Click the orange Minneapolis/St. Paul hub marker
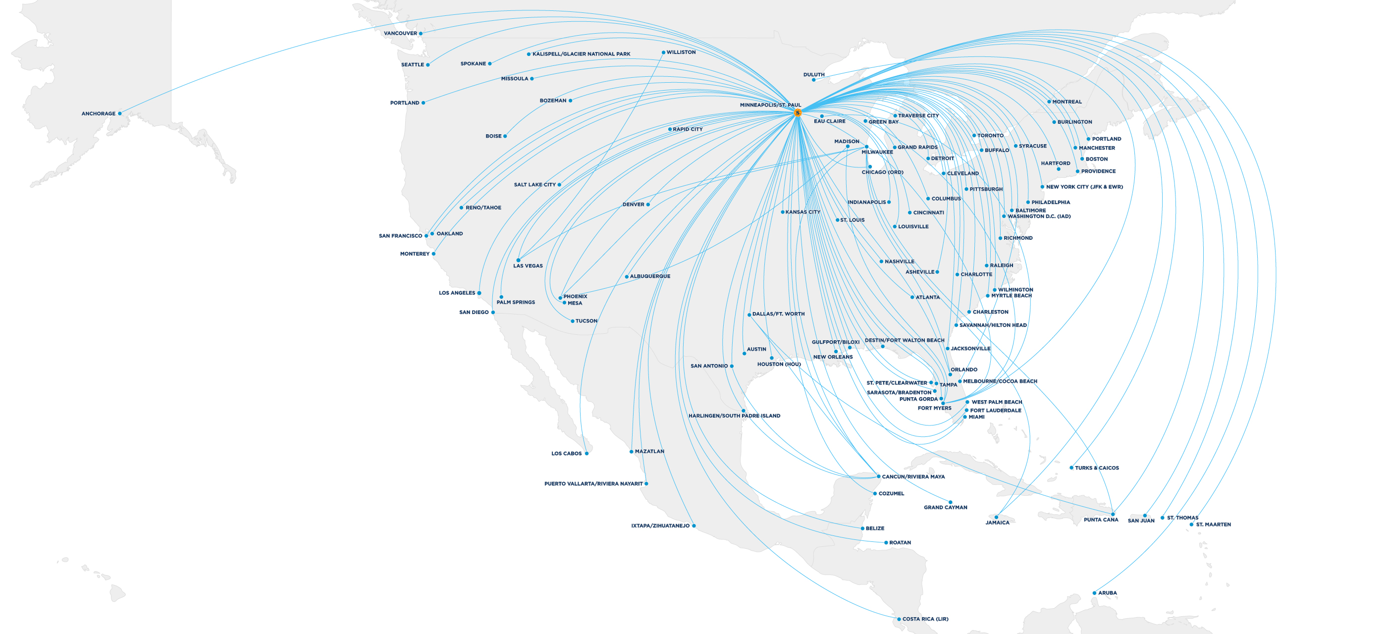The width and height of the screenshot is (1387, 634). (x=798, y=113)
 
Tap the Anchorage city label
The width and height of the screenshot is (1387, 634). (x=99, y=113)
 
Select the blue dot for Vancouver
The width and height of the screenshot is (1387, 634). (x=421, y=33)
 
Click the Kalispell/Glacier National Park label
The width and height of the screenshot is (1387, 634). (x=581, y=54)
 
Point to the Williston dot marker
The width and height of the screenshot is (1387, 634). (x=663, y=53)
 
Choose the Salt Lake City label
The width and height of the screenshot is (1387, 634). (x=534, y=185)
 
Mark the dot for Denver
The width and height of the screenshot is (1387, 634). (x=648, y=205)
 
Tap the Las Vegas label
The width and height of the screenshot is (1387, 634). (x=528, y=266)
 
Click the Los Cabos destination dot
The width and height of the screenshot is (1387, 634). (x=587, y=454)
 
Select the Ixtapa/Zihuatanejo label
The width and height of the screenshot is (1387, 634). (x=660, y=526)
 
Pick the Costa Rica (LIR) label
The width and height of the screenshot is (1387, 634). (x=925, y=619)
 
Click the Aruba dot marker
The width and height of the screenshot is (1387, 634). (x=1094, y=593)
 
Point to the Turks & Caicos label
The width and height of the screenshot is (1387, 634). (x=1097, y=468)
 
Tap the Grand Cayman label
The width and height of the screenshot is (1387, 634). (x=946, y=508)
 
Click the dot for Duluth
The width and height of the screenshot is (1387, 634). (x=813, y=80)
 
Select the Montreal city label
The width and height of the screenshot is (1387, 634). (x=1067, y=102)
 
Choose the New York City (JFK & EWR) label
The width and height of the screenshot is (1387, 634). (x=1084, y=187)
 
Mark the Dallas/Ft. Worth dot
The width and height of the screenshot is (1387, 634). (x=749, y=315)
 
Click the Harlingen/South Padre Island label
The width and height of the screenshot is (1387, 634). (x=734, y=416)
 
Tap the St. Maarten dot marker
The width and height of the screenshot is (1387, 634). (x=1191, y=524)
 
